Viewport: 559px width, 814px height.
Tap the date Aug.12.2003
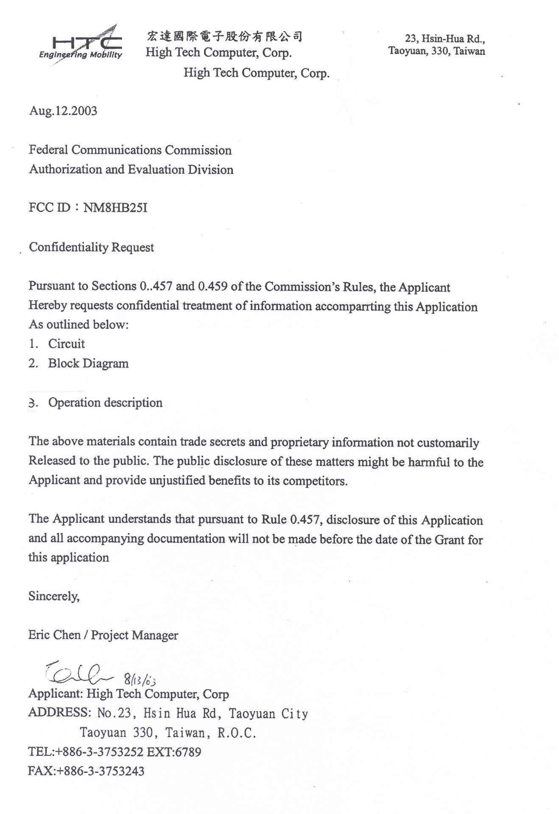tap(63, 111)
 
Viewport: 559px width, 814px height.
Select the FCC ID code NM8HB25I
tap(115, 208)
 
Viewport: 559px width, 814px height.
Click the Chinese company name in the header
tap(224, 36)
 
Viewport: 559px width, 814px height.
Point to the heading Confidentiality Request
tap(91, 247)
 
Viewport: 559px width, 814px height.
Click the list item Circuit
tap(66, 344)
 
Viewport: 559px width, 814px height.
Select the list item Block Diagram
tap(88, 363)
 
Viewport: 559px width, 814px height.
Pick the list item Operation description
tap(105, 402)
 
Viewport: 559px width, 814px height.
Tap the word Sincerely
tap(54, 596)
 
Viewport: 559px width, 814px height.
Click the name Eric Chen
tap(54, 635)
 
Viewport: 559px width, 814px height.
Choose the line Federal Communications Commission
tap(130, 150)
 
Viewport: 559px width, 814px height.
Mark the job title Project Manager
tap(134, 635)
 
